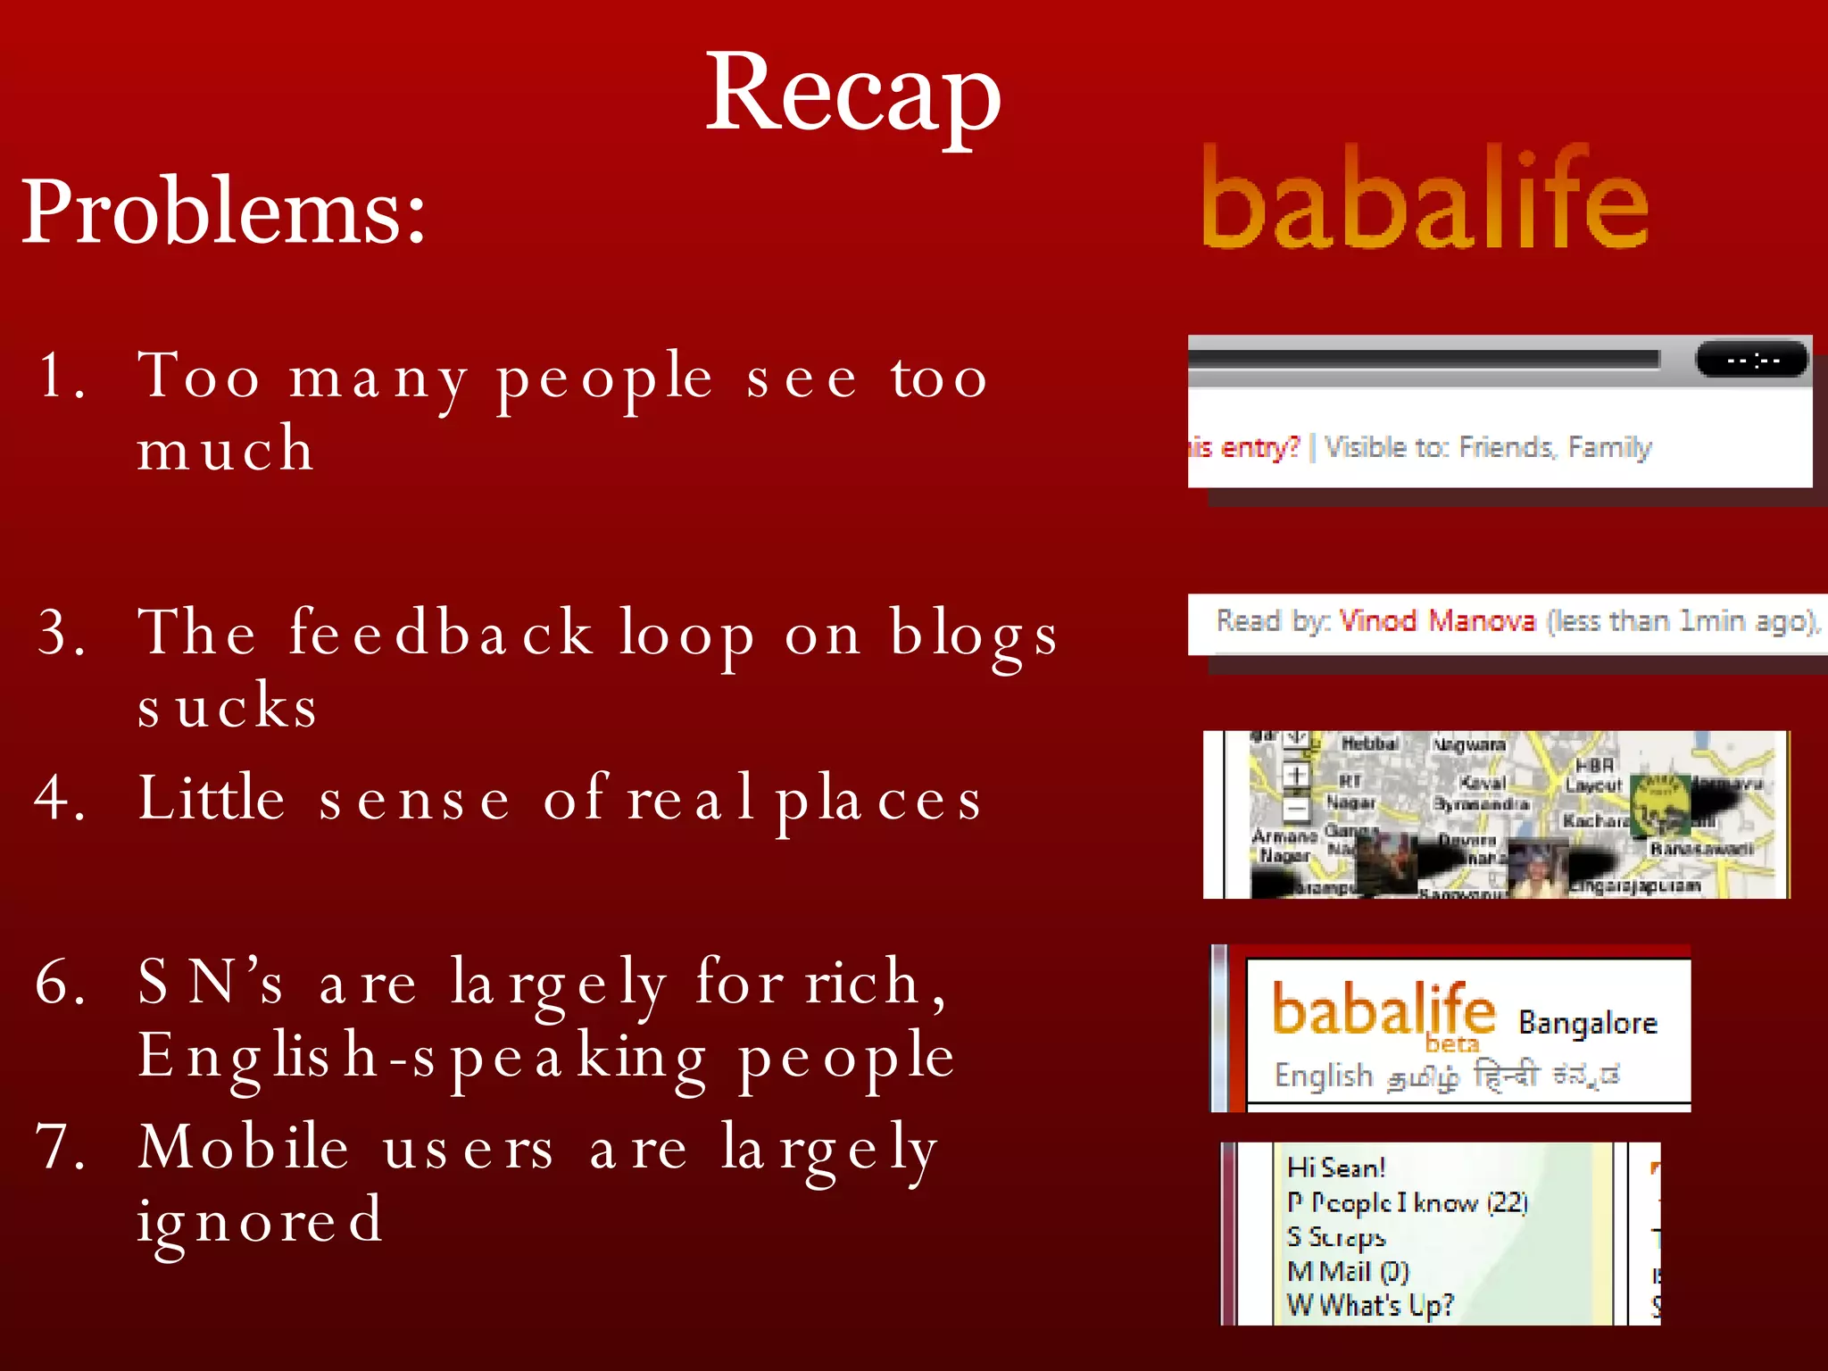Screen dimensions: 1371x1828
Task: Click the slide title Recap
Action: (x=852, y=94)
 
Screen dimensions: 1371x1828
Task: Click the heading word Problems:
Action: (x=223, y=212)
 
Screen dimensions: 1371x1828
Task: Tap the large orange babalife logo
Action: (x=1425, y=198)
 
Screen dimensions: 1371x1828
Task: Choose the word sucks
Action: (x=228, y=706)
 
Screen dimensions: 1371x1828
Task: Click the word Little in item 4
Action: (x=212, y=797)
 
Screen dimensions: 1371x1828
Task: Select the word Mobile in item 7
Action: (x=244, y=1147)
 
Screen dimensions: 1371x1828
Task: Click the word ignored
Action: (x=260, y=1220)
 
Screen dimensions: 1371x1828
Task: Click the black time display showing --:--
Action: (x=1751, y=361)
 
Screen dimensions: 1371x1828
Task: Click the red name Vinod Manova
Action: (x=1437, y=620)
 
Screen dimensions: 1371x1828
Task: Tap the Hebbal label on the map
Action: (x=1369, y=744)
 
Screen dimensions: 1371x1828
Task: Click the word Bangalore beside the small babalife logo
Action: (x=1588, y=1023)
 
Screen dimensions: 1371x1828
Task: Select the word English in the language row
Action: (x=1323, y=1076)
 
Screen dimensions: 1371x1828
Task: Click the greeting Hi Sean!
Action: (x=1335, y=1167)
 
